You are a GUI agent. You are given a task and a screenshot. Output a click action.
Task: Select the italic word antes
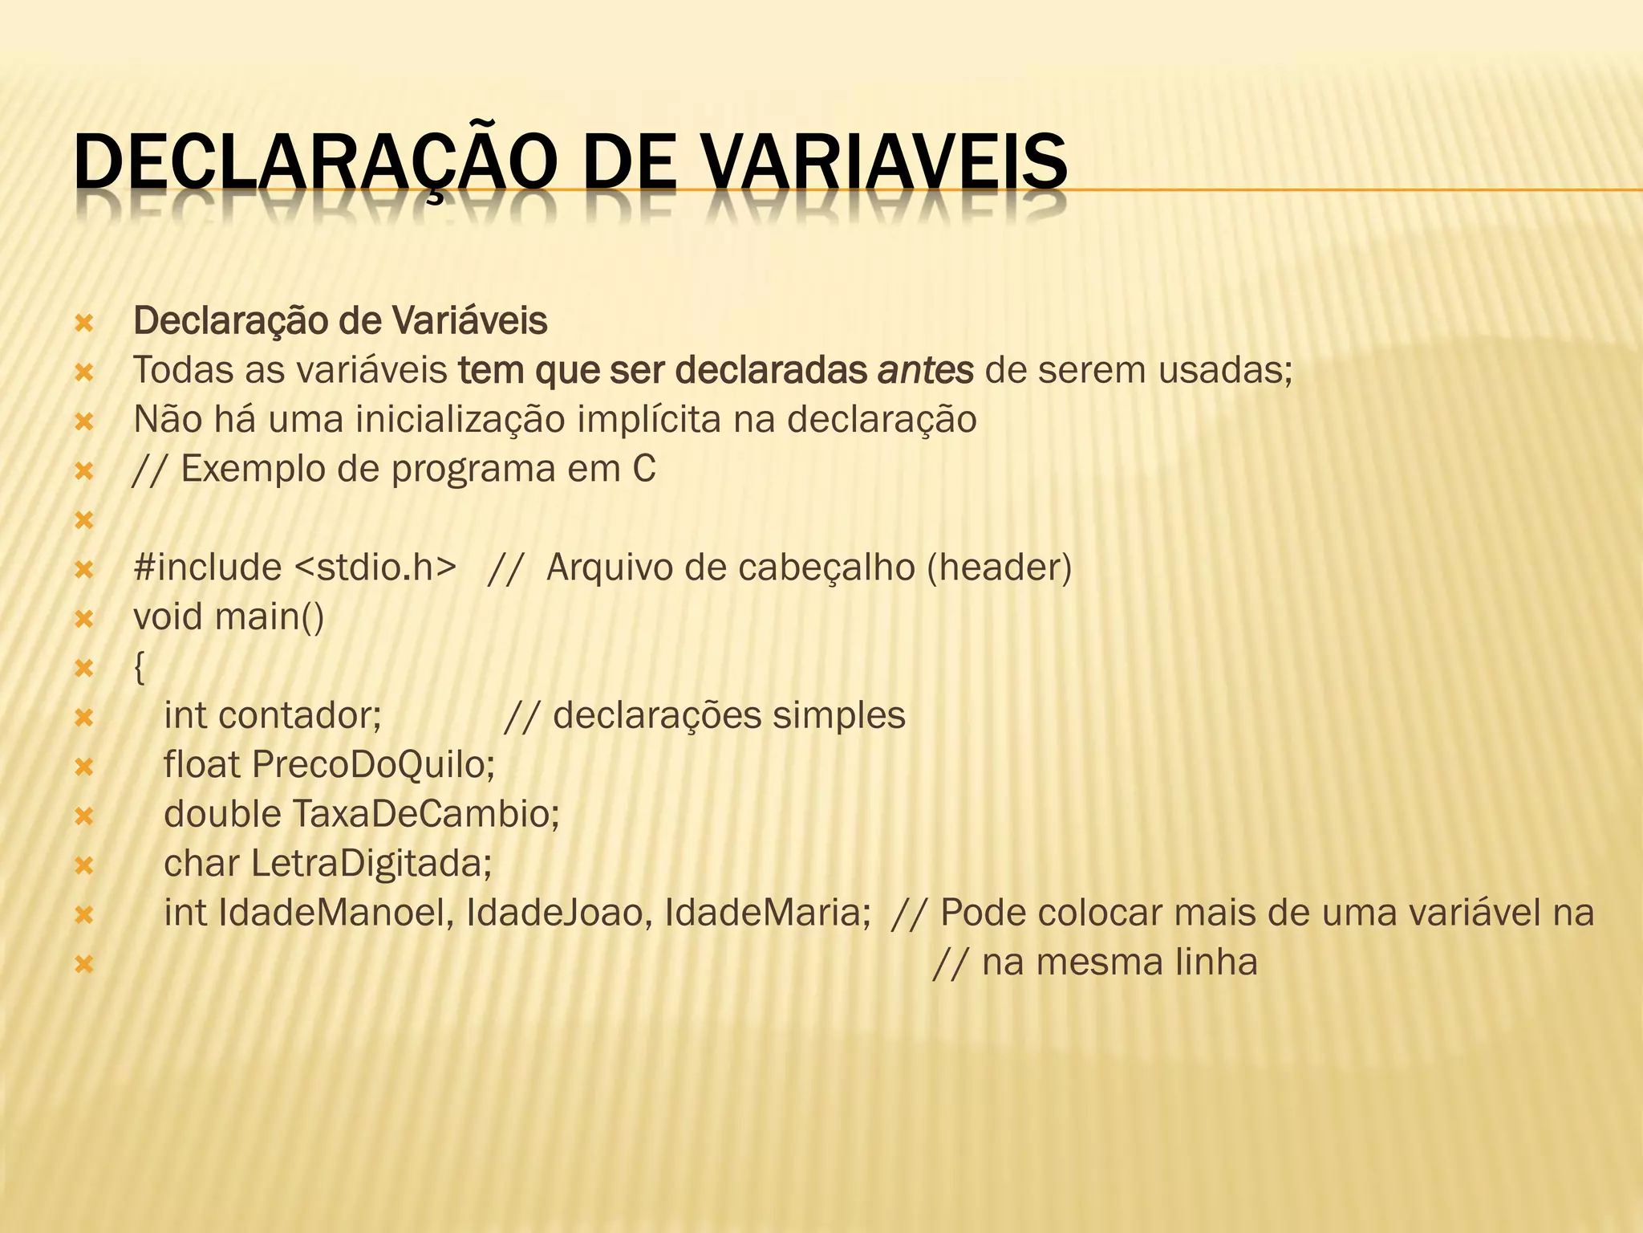pos(926,370)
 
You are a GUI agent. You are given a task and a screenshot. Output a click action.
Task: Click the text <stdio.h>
pos(375,568)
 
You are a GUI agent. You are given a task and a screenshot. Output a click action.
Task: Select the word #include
pos(207,568)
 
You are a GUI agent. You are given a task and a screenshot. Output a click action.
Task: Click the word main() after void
pos(270,617)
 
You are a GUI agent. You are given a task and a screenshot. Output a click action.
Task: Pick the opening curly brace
pos(140,667)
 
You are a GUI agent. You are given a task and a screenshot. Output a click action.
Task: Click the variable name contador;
pos(299,715)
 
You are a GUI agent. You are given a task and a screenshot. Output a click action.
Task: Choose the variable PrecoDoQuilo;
pos(373,765)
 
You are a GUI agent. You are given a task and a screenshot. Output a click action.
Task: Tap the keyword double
pos(222,814)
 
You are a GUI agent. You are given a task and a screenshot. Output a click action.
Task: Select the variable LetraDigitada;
pos(371,864)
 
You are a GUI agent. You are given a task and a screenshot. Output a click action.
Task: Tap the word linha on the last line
pos(1216,962)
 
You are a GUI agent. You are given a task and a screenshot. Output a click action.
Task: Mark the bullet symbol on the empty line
pos(83,521)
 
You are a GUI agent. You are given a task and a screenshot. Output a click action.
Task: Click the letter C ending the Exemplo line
pos(643,470)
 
